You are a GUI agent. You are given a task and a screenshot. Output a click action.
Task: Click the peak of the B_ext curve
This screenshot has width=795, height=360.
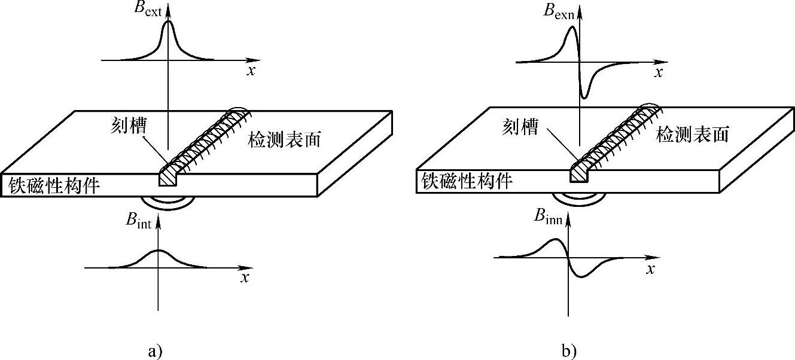pos(169,22)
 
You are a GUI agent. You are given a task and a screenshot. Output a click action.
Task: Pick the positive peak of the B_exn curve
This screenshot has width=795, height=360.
pos(572,26)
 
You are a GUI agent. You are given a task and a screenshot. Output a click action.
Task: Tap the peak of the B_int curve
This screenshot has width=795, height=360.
pos(159,251)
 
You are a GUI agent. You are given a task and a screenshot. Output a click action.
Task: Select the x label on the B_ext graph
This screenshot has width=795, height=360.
pos(251,70)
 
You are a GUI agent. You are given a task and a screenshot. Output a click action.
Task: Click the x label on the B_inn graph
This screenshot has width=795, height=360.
pos(650,270)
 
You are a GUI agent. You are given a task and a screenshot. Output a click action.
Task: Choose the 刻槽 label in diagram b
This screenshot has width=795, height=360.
pos(520,127)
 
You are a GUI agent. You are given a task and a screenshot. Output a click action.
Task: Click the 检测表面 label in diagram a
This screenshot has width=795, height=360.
pos(285,139)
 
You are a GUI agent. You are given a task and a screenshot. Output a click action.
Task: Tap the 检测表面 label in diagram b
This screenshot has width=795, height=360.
pos(693,134)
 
